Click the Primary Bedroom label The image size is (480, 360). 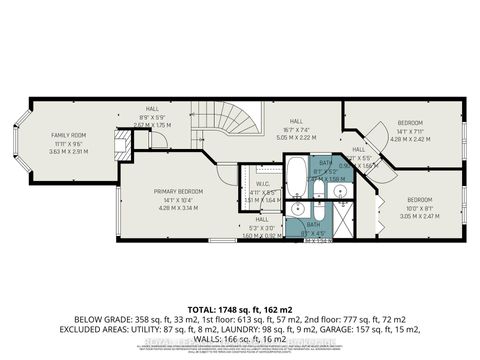tap(178, 191)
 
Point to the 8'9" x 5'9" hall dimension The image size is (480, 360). tap(152, 117)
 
